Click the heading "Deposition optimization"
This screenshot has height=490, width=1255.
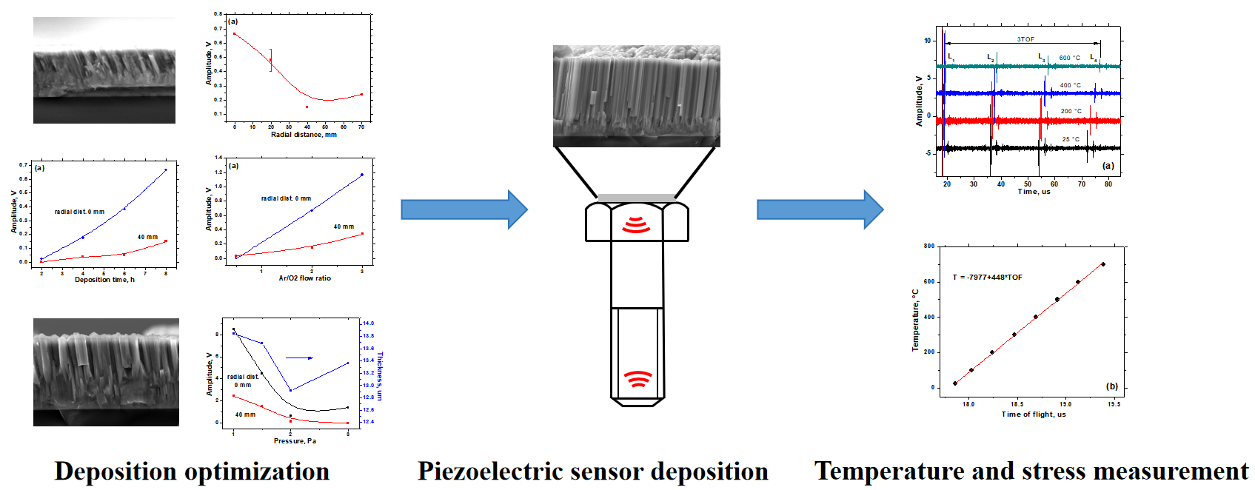[192, 471]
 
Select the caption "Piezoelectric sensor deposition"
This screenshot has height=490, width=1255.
[592, 471]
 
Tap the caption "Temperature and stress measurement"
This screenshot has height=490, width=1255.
[1031, 471]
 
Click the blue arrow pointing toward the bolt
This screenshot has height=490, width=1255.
[463, 209]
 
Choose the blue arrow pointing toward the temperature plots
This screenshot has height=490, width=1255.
[820, 209]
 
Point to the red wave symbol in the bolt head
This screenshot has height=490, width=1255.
[636, 225]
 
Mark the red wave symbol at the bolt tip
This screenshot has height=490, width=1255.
[637, 379]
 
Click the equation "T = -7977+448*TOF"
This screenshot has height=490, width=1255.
[987, 278]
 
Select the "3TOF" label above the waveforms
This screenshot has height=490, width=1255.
[1025, 39]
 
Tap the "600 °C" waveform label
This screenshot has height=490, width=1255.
[1069, 58]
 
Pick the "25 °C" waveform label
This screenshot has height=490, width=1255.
[1071, 139]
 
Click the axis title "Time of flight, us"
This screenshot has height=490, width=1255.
[1034, 415]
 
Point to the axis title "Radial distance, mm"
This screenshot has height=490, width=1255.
[304, 135]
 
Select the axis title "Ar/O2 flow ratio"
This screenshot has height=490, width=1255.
[305, 278]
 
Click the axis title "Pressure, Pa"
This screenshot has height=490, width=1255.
[295, 441]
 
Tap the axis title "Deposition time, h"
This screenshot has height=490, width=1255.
[104, 280]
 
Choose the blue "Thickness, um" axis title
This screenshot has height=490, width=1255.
[380, 376]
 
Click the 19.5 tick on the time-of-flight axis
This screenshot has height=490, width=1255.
[1114, 404]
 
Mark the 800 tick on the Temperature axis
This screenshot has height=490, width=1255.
[929, 246]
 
